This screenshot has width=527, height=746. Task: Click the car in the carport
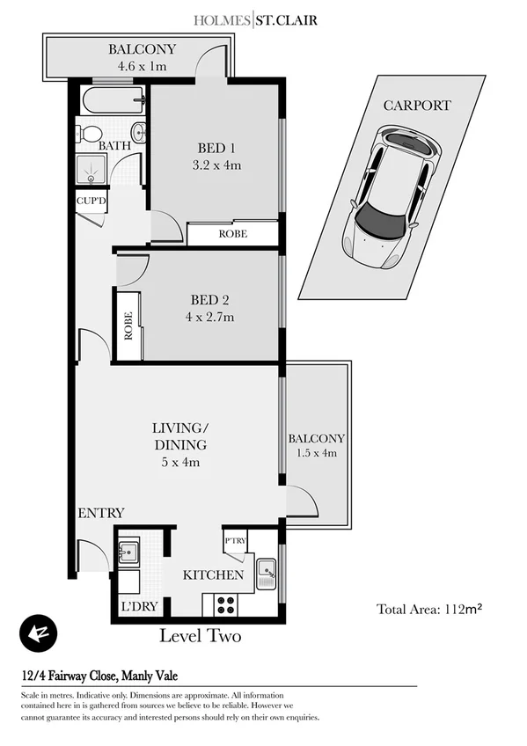(392, 195)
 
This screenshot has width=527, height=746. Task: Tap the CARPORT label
(417, 106)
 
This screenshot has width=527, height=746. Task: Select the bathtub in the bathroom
(113, 101)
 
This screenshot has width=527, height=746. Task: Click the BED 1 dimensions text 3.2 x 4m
(216, 165)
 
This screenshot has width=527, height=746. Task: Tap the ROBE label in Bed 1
(233, 234)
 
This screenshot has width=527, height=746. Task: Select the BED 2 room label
(212, 299)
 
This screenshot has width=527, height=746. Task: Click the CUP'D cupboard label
(91, 200)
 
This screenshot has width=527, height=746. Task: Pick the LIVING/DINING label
(180, 436)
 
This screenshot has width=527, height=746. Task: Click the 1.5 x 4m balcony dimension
(317, 454)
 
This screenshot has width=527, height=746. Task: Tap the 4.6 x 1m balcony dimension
(142, 66)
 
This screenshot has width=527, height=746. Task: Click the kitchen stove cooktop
(224, 605)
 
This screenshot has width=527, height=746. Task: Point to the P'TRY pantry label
(235, 540)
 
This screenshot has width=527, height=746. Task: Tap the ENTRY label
(101, 513)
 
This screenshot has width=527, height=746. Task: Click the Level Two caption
(200, 635)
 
